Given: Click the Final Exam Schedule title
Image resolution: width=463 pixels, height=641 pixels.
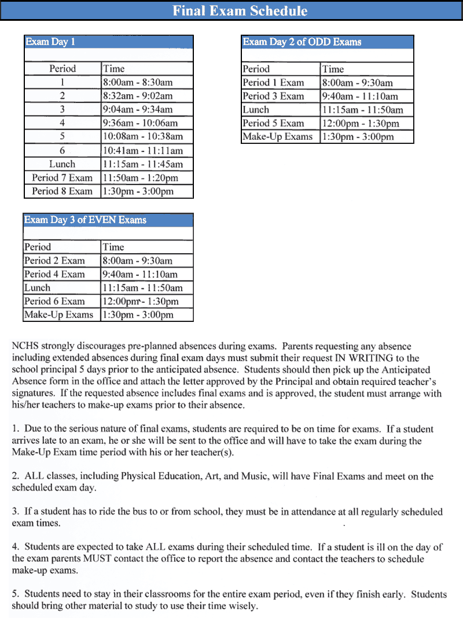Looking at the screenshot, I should point(240,11).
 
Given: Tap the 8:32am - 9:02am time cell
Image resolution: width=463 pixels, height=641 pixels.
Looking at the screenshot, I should point(138,96).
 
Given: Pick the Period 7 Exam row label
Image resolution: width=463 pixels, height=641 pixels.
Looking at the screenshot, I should point(62,177).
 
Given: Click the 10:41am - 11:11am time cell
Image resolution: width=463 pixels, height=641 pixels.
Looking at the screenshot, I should point(143,150).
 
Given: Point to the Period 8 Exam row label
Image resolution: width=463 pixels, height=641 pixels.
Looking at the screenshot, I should point(62,191).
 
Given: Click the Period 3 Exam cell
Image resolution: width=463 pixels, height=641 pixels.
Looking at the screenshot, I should point(273,96).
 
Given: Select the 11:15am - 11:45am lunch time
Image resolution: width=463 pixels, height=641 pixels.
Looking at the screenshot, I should point(143,164).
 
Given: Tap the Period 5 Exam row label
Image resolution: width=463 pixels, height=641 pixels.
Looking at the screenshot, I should point(273,123).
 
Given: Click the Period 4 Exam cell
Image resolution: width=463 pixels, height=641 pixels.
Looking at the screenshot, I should point(54,274).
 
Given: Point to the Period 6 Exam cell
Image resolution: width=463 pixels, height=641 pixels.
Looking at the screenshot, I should point(54,301).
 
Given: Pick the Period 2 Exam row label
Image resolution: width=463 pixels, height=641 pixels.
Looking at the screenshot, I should point(54,261).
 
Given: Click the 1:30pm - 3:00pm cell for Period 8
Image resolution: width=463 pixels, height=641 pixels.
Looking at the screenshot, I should point(138,191).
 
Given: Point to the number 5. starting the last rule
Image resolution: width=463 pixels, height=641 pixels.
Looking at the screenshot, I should point(16,594).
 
